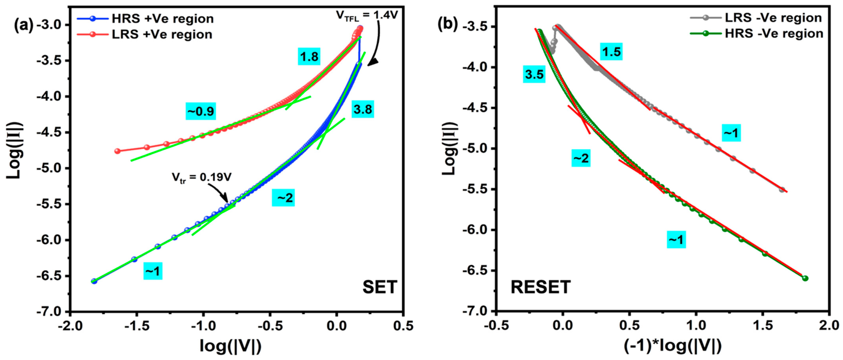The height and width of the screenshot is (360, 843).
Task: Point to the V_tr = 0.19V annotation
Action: point(202,177)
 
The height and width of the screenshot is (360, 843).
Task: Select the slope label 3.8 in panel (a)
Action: point(362,109)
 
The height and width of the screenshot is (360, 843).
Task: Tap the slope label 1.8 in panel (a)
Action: point(309,57)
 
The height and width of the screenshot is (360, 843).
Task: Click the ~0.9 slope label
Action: point(201,112)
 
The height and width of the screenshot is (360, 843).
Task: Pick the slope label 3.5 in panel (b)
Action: point(534,75)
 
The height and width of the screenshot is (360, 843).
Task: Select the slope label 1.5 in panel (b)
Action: point(611,52)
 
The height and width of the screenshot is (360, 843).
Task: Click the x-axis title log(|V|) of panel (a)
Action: point(231,346)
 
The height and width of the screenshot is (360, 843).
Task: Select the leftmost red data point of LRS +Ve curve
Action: point(117,151)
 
